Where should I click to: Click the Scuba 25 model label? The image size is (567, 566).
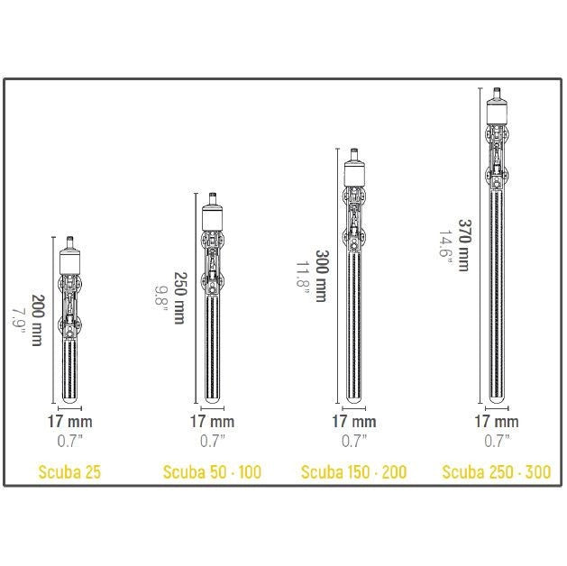tap(69, 472)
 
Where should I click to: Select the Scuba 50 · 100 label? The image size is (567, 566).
tap(212, 472)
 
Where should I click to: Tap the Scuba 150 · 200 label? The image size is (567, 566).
tap(353, 472)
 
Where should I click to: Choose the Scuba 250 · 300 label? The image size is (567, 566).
tap(497, 472)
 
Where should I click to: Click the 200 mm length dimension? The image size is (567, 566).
tap(38, 320)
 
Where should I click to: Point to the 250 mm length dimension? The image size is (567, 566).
tap(180, 297)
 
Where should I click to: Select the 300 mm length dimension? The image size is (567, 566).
tap(322, 276)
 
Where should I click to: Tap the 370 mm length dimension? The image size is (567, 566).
tap(464, 245)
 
